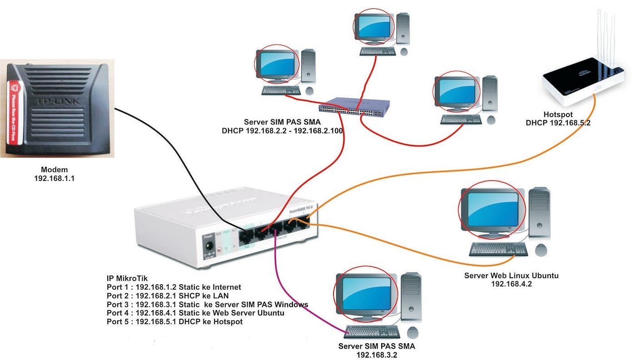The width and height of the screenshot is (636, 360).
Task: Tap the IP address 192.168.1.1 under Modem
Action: (x=54, y=178)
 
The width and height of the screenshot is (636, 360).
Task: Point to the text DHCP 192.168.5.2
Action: (x=558, y=123)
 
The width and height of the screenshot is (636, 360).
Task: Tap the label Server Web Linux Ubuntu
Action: (x=511, y=276)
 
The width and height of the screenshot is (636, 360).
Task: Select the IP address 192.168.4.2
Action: (x=511, y=284)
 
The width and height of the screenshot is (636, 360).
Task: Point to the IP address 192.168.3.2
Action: (x=377, y=355)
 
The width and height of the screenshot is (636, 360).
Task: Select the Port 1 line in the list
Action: (x=174, y=287)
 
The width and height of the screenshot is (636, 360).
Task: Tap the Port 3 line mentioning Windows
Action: (x=207, y=304)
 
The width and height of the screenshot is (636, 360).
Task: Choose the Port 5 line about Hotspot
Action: (x=174, y=321)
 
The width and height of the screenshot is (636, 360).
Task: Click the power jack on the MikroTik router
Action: (x=210, y=247)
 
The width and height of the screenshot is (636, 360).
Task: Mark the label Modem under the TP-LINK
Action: (x=54, y=170)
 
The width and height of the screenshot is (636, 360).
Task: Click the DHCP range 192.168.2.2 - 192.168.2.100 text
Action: (x=282, y=131)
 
